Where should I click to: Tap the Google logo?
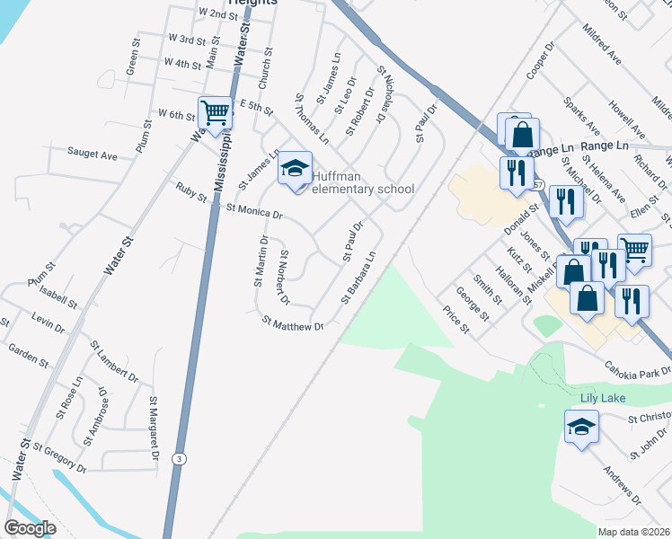[30, 528]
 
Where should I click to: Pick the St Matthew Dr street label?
[292, 323]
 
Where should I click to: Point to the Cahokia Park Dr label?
[641, 370]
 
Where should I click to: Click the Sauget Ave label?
[93, 155]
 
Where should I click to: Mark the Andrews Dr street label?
[623, 484]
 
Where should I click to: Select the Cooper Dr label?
[543, 59]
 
